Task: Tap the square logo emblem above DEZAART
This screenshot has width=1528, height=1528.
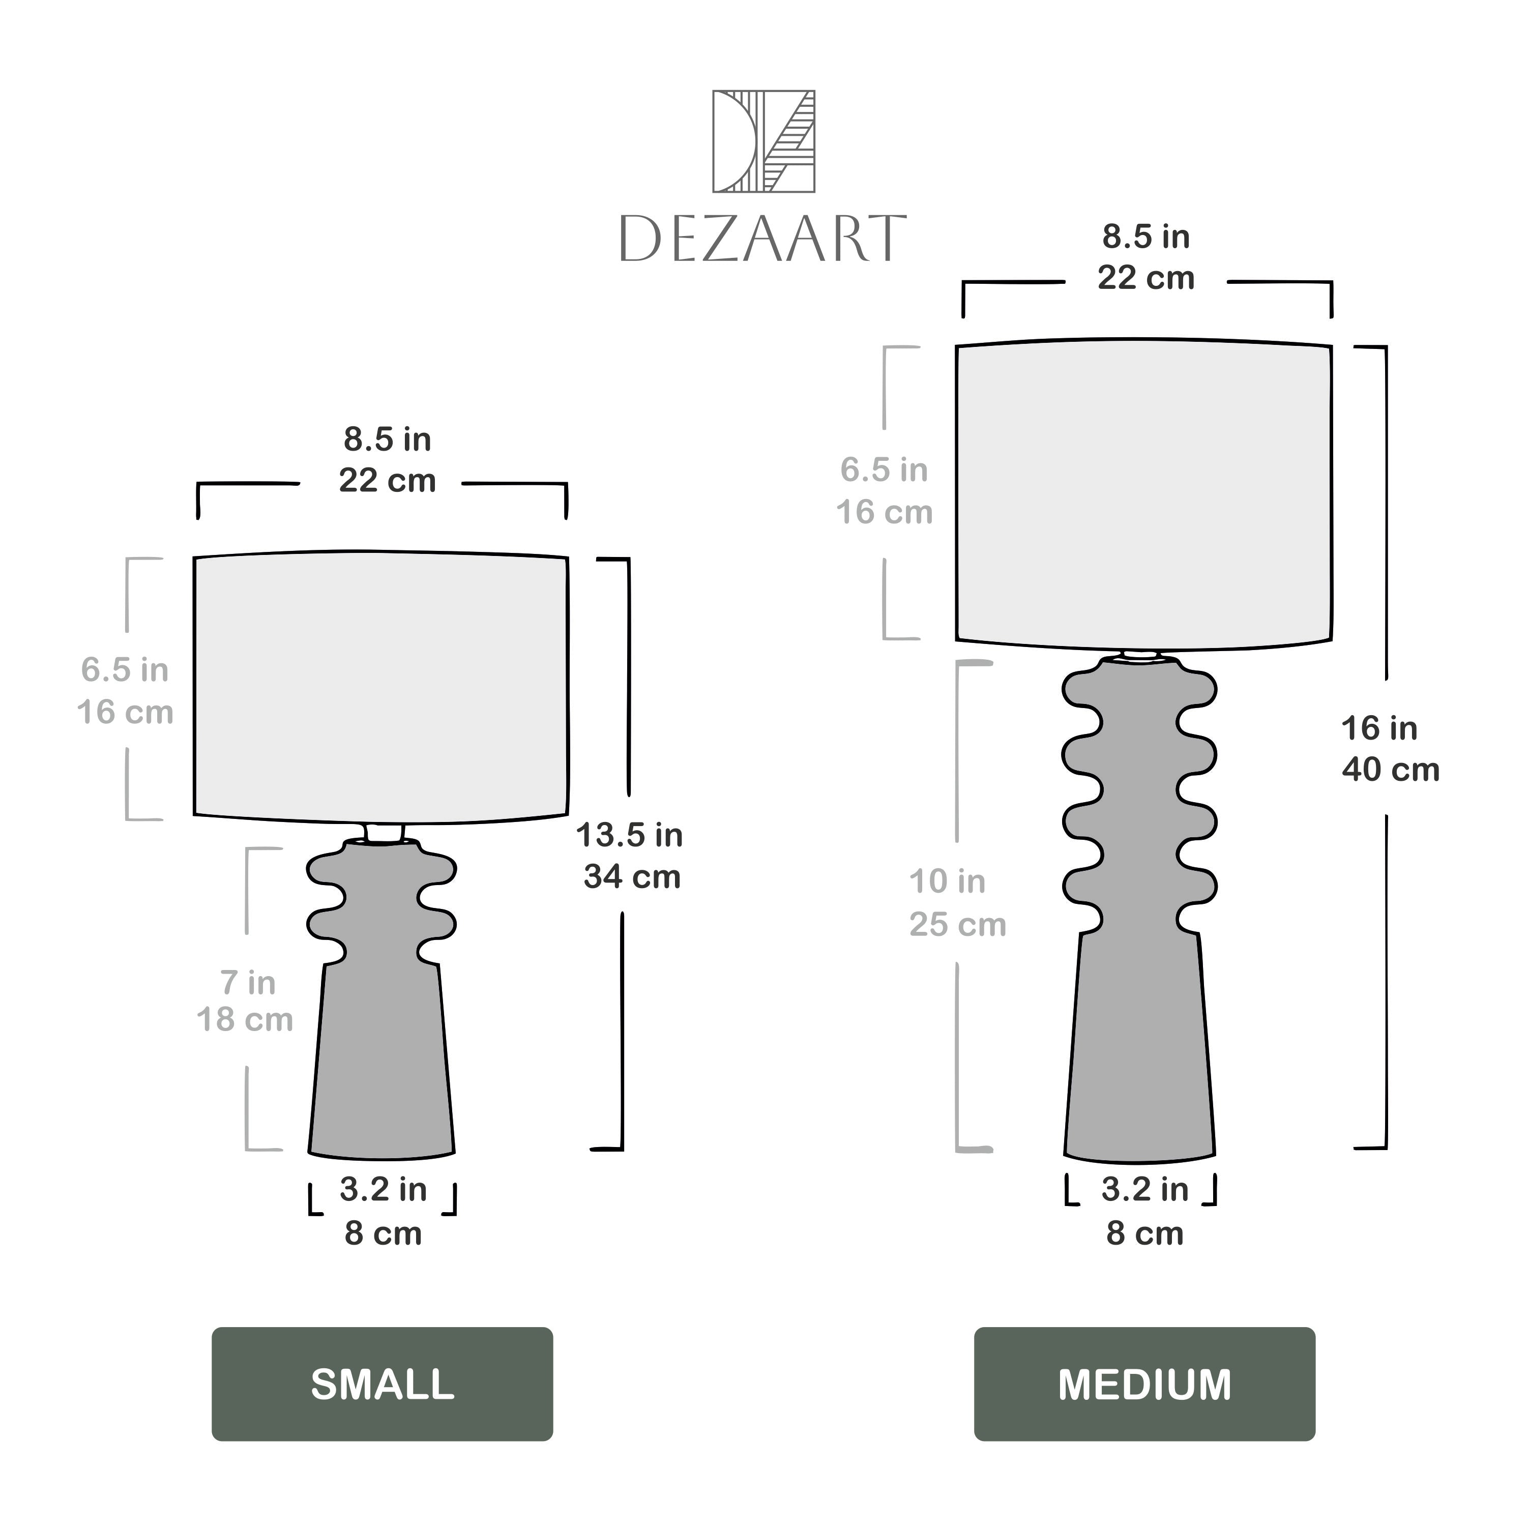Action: [763, 141]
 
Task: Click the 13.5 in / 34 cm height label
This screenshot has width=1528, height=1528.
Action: [630, 856]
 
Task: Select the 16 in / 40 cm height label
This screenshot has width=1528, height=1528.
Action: [1390, 749]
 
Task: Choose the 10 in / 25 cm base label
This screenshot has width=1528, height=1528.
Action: [957, 902]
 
